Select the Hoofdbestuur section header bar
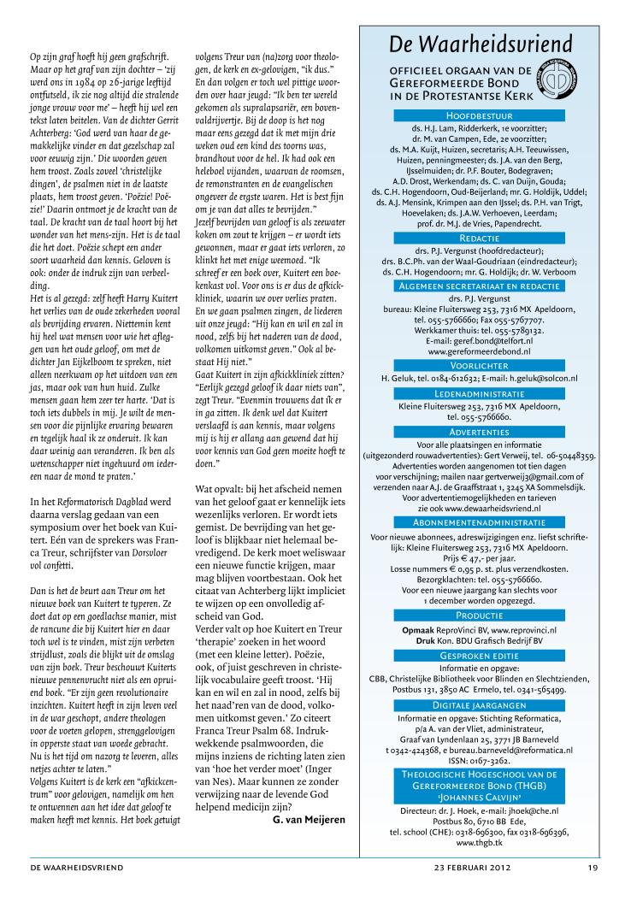[x=479, y=114]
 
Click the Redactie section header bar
[x=479, y=236]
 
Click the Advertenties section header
[x=479, y=433]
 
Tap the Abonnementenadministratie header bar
[x=479, y=521]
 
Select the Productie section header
[x=479, y=615]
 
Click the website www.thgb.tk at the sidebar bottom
[x=479, y=842]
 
